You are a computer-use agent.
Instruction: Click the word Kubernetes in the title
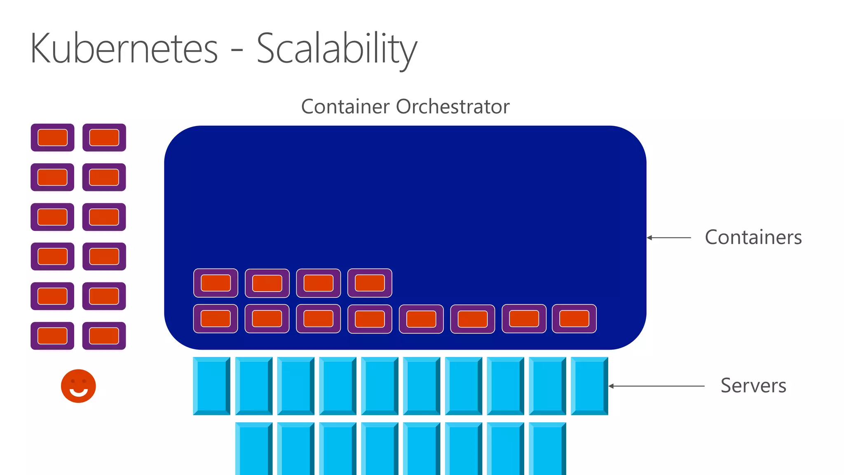124,49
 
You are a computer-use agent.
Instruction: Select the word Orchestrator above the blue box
452,106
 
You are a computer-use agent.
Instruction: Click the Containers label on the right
753,237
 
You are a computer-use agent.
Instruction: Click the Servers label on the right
753,386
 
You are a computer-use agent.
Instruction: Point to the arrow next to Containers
669,237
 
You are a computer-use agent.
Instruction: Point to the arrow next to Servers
656,386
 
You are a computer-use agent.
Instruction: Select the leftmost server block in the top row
211,386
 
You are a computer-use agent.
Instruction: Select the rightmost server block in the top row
589,386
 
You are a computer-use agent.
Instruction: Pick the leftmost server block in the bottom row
253,449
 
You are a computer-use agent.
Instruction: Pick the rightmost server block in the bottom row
547,449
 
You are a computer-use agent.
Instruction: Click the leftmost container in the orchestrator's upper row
216,283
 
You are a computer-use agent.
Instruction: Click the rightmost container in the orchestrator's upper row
370,283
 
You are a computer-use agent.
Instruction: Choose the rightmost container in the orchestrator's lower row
574,319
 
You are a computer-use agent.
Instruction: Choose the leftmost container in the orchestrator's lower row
216,319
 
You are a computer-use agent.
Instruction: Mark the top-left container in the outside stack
52,137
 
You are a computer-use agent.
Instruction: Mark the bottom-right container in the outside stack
104,336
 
